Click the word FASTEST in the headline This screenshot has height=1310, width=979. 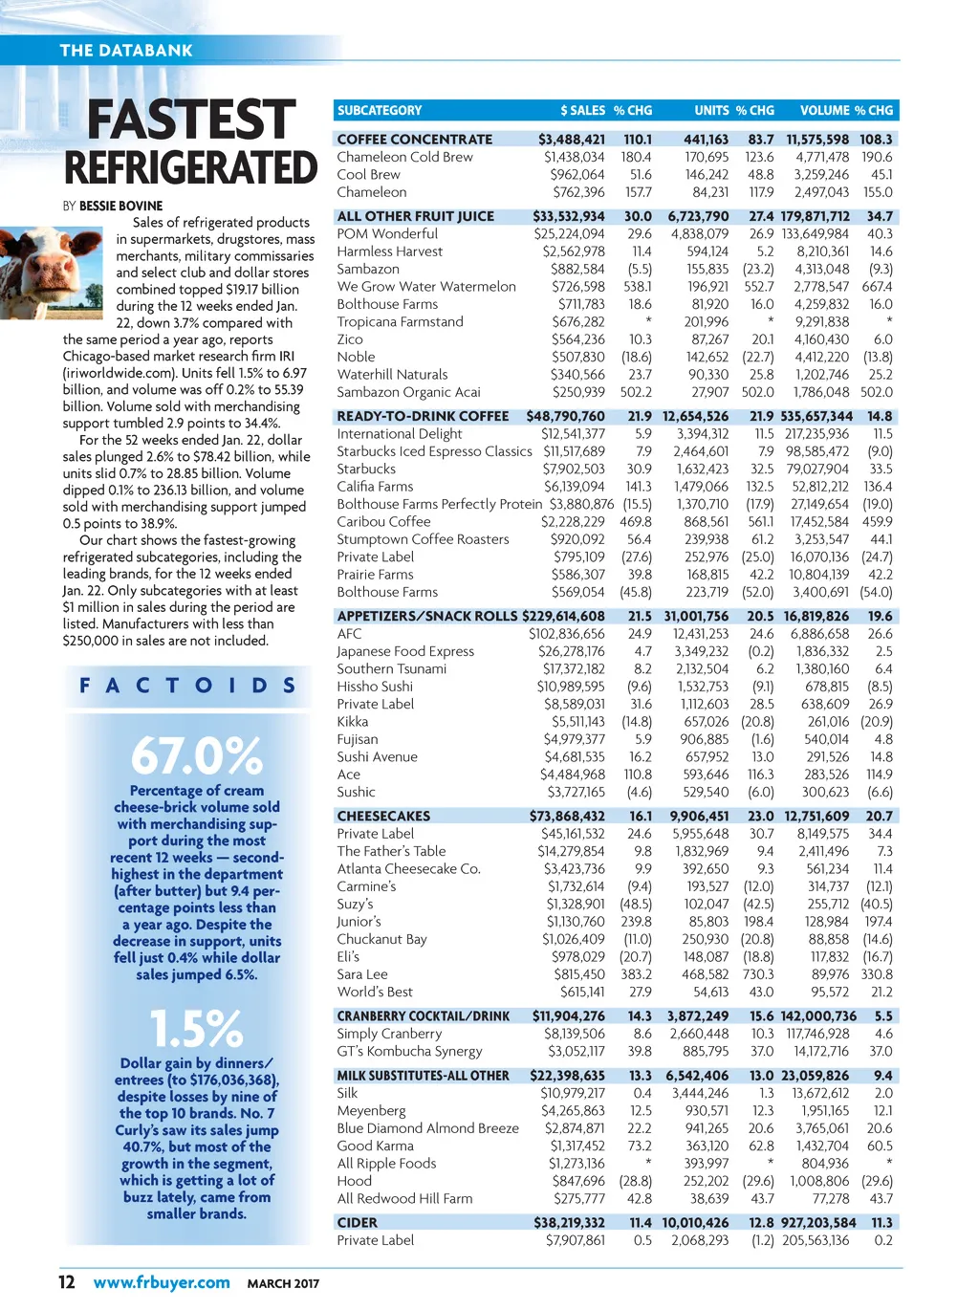click(x=190, y=121)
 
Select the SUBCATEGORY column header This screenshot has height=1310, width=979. click(x=380, y=111)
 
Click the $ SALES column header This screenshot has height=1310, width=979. click(x=582, y=111)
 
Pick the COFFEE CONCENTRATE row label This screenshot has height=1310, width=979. click(x=415, y=140)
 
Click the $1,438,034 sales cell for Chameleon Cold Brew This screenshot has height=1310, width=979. click(x=574, y=157)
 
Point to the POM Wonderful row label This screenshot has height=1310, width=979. click(x=387, y=234)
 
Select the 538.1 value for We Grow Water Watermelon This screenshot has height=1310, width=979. click(x=637, y=287)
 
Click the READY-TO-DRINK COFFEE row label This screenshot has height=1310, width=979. click(x=423, y=417)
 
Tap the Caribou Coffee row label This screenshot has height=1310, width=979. click(x=383, y=522)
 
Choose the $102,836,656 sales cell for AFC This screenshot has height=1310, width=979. click(x=566, y=634)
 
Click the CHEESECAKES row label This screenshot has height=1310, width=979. click(x=383, y=817)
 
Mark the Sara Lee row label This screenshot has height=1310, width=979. click(x=362, y=974)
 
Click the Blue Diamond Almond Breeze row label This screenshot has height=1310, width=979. click(x=427, y=1128)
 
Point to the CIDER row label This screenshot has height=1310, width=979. click(x=357, y=1223)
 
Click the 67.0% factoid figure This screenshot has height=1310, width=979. click(x=196, y=756)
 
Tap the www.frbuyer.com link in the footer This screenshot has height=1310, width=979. click(x=162, y=1282)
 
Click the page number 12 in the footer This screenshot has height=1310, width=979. click(x=67, y=1282)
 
